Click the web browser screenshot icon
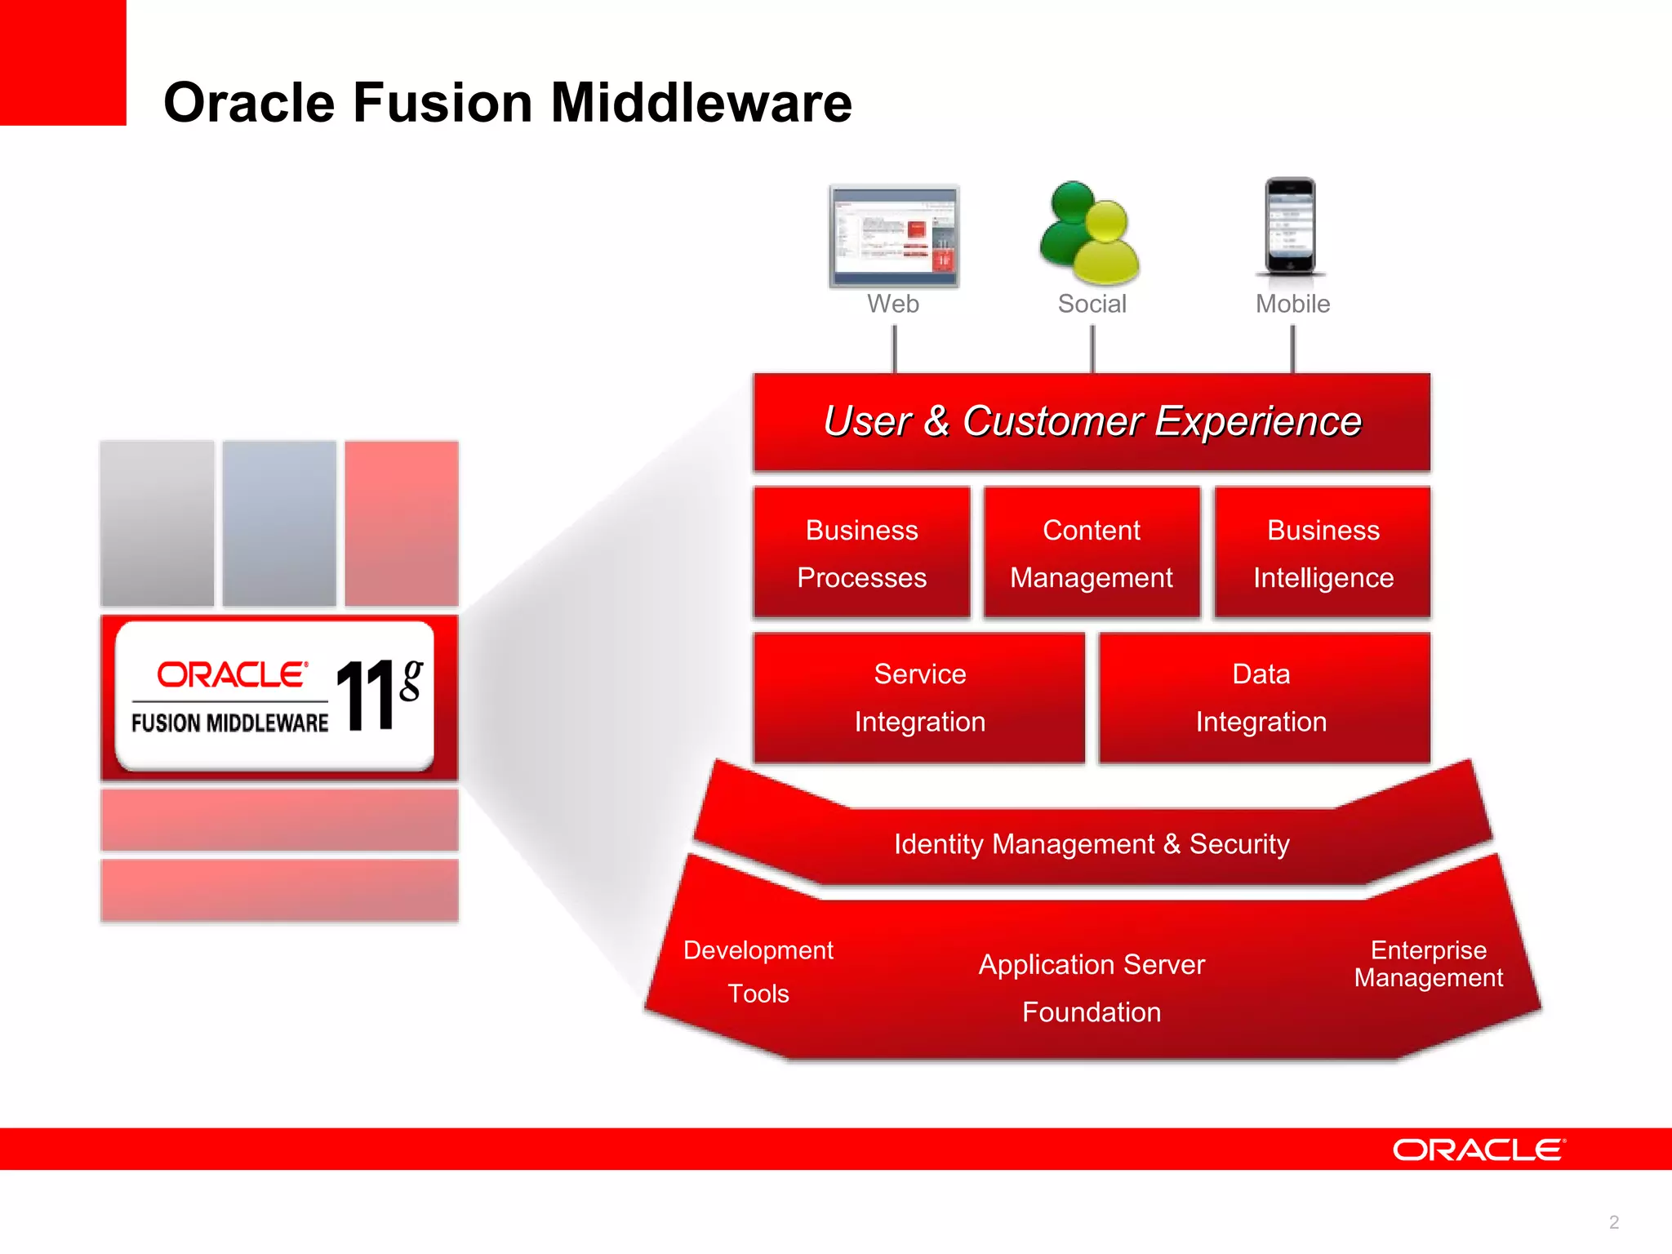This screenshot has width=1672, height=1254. [894, 237]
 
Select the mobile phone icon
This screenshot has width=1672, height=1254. [1290, 226]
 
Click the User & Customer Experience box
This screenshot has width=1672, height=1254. [1092, 422]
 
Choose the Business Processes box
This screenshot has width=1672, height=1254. [861, 553]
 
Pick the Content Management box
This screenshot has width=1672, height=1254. [1092, 553]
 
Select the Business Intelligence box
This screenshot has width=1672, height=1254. [1323, 553]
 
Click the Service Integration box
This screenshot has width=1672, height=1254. [919, 698]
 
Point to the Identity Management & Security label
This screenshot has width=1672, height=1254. [1092, 844]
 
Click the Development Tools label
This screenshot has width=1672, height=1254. [758, 972]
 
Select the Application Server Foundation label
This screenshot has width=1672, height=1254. [1092, 988]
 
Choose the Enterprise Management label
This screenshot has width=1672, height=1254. [1428, 964]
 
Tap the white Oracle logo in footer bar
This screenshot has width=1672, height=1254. [1479, 1149]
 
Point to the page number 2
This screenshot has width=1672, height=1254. [1613, 1222]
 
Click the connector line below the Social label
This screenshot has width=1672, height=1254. [1092, 349]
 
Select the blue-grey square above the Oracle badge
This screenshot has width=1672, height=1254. [279, 523]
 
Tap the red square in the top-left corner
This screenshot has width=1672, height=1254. [63, 63]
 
